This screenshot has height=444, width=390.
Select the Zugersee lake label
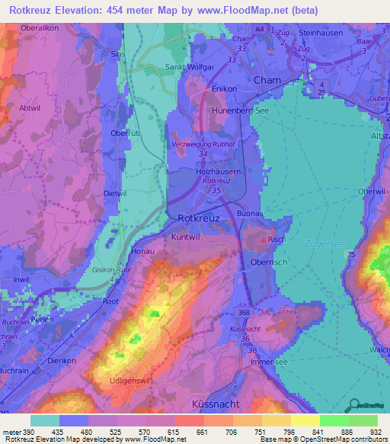click(x=325, y=244)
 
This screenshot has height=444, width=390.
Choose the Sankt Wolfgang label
click(x=189, y=67)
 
